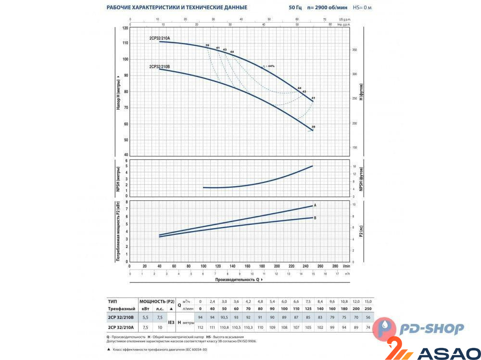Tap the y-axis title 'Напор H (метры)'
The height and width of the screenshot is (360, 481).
(x=118, y=91)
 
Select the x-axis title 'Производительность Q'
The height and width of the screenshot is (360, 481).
(x=238, y=279)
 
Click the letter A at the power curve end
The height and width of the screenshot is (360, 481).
(x=315, y=206)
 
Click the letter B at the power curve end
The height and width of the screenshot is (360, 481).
(x=315, y=218)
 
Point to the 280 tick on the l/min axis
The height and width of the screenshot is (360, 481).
(x=335, y=265)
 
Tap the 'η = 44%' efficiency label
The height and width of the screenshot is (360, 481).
(x=268, y=66)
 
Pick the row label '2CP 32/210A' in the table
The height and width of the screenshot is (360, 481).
(x=121, y=327)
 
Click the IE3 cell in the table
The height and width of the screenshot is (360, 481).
(x=170, y=322)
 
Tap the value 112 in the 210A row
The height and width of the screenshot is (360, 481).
(x=201, y=327)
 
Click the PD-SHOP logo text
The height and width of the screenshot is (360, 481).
(x=432, y=329)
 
